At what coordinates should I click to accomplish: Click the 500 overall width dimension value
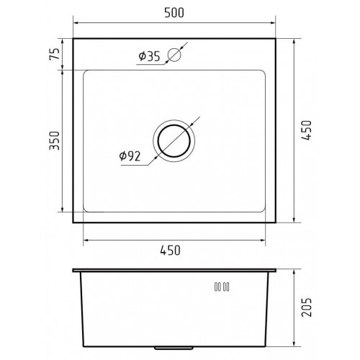[x=174, y=12]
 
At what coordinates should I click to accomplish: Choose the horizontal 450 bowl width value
[x=174, y=250]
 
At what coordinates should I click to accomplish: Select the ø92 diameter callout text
[x=130, y=155]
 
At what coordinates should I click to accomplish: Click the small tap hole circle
[x=174, y=54]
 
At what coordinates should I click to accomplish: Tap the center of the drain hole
[x=174, y=138]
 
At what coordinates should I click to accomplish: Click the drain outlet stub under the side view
[x=174, y=348]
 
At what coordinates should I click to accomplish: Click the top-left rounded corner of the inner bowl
[x=86, y=73]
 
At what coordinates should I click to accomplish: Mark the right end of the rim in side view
[x=276, y=271]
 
